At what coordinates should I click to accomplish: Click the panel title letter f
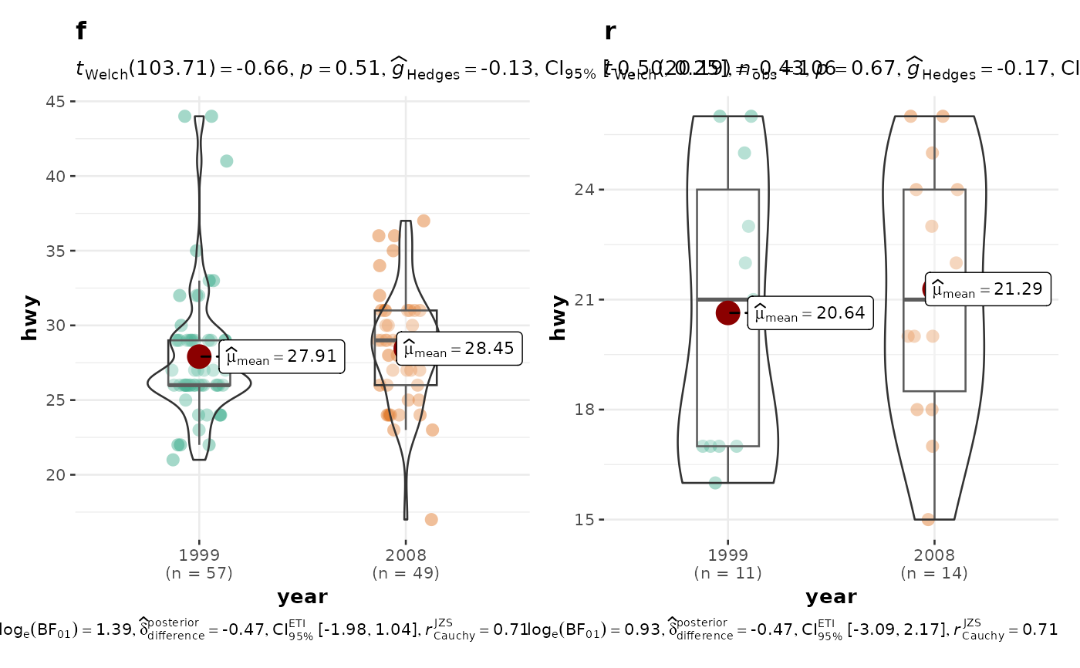[x=81, y=32]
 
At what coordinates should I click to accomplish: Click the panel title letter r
[x=610, y=32]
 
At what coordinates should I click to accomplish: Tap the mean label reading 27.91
[x=282, y=356]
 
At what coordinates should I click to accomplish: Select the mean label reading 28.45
[x=460, y=349]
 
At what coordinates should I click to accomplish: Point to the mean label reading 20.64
[x=810, y=312]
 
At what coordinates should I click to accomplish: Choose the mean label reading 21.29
[x=987, y=289]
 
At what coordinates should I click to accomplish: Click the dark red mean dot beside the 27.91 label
[x=200, y=356]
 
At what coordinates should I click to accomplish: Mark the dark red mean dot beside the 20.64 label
[x=728, y=312]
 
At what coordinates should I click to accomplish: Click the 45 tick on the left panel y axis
[x=56, y=101]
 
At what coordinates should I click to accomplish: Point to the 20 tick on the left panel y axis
[x=56, y=474]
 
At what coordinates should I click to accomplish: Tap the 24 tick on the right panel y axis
[x=585, y=190]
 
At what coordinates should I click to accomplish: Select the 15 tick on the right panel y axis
[x=585, y=519]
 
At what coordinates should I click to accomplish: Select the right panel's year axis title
[x=831, y=597]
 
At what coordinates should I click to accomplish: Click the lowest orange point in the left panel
[x=431, y=519]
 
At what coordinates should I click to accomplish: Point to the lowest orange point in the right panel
[x=928, y=519]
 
